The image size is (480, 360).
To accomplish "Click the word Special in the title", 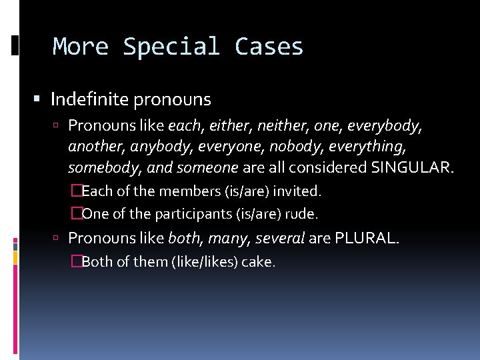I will (171, 47).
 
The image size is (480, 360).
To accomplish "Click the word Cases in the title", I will (269, 47).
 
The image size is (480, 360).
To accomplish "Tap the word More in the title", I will (81, 47).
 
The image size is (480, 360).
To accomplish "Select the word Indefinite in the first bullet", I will (90, 100).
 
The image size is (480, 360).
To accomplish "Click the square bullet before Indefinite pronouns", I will (37, 100).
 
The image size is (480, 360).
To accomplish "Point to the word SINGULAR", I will (412, 167).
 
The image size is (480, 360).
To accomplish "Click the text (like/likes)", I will (204, 262).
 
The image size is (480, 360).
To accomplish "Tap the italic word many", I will (227, 238).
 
